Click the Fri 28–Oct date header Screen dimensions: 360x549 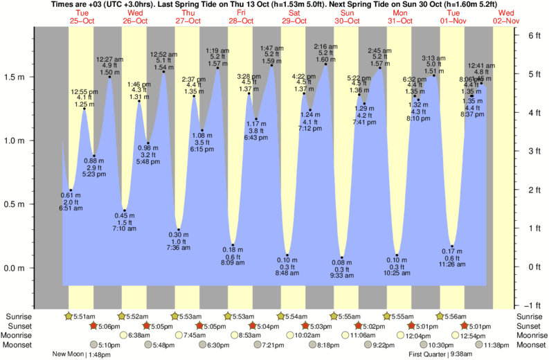coord(240,17)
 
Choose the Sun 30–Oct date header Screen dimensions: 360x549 coord(347,17)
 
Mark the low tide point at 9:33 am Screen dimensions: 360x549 coord(342,258)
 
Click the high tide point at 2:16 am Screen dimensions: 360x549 coord(326,64)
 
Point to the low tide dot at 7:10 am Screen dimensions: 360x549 coord(125,210)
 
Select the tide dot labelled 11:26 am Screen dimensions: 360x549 coord(452,246)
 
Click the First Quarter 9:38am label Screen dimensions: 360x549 coord(442,354)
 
